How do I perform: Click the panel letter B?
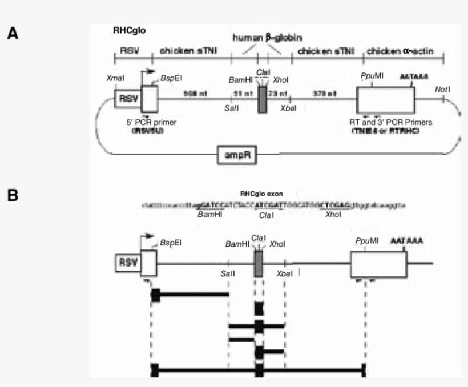(x=13, y=195)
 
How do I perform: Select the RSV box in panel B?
(x=127, y=263)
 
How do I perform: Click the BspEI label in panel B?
(x=171, y=242)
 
